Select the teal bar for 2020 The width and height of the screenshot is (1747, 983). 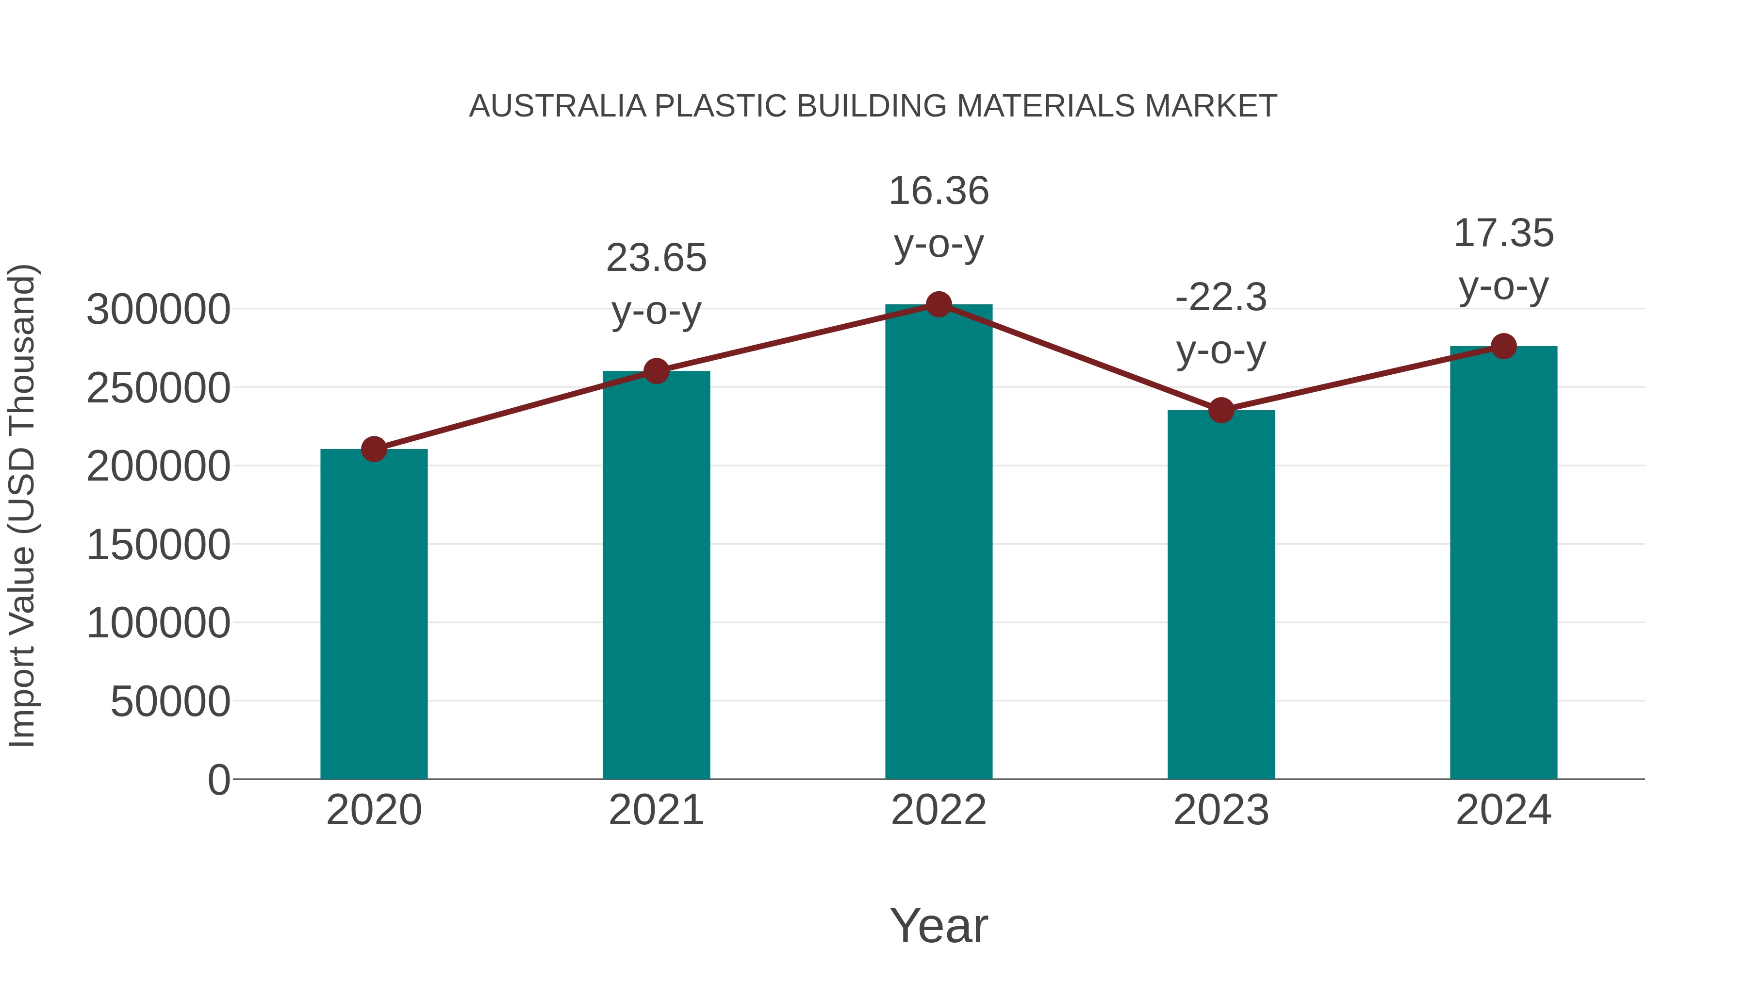pyautogui.click(x=374, y=614)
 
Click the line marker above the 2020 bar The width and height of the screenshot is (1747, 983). pyautogui.click(x=374, y=449)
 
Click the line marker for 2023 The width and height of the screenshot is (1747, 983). pyautogui.click(x=1221, y=410)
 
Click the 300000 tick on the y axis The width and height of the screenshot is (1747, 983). pyautogui.click(x=158, y=310)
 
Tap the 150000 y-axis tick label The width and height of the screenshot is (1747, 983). pyautogui.click(x=158, y=545)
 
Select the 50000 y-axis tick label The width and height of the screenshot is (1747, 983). pyautogui.click(x=170, y=701)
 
